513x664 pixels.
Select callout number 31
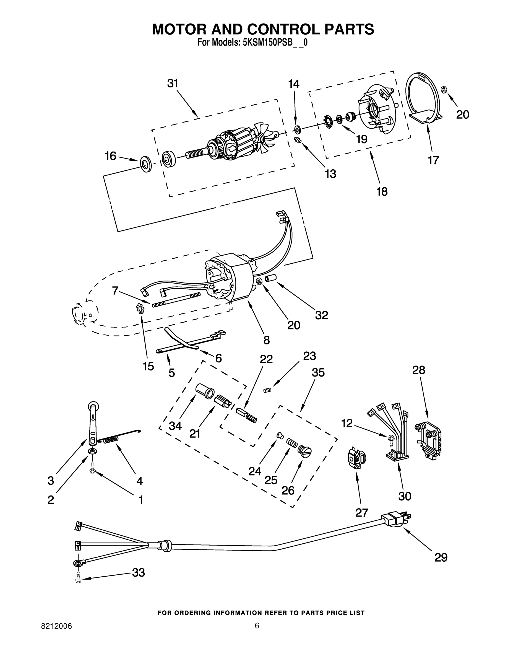pos(173,83)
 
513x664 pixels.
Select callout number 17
pos(433,160)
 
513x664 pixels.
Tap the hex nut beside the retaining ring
pos(443,89)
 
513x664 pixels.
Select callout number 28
pos(418,370)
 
